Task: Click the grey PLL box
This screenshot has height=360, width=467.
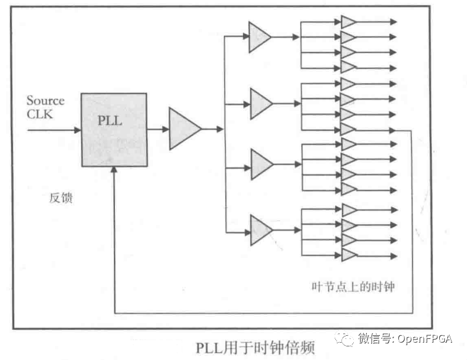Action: point(114,129)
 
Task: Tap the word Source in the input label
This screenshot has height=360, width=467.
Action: point(45,100)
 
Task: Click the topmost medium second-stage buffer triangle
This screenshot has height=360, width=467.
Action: point(259,37)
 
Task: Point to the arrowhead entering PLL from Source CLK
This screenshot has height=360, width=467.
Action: point(78,130)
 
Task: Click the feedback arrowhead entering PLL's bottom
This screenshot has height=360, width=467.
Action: point(114,171)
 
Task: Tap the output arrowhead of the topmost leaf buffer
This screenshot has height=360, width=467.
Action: point(393,22)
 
